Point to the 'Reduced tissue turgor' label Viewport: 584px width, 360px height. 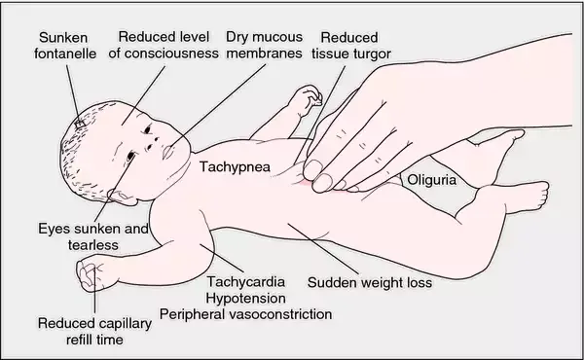coord(353,44)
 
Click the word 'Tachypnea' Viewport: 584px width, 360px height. coord(234,166)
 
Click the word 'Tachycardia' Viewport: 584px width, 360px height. coord(246,283)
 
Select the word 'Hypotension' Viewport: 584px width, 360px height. coord(246,299)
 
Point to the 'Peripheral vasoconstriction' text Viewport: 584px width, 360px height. coord(246,314)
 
